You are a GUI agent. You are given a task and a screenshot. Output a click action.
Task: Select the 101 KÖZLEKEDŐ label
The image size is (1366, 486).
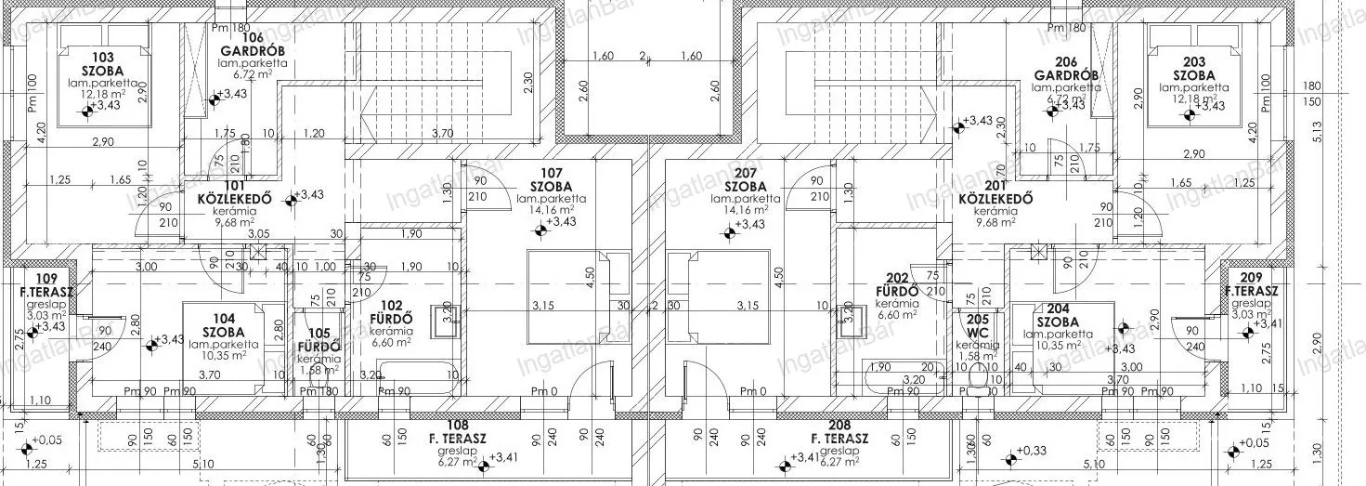pyautogui.click(x=233, y=190)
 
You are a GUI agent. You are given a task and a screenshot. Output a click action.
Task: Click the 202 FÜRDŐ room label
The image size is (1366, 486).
pyautogui.click(x=897, y=283)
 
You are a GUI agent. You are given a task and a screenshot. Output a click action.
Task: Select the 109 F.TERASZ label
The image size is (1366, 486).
pyautogui.click(x=46, y=285)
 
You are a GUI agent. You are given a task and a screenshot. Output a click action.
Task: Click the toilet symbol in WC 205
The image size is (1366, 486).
pyautogui.click(x=976, y=380)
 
